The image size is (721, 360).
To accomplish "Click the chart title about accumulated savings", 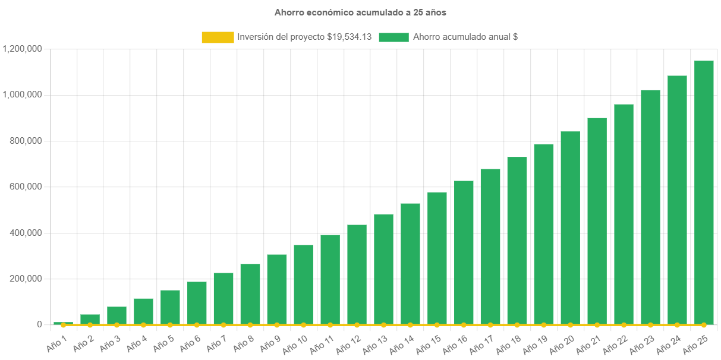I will pos(360,12).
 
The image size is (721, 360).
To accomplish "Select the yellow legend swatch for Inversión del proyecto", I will pos(218,37).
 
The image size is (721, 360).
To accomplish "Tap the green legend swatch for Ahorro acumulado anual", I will pos(393,37).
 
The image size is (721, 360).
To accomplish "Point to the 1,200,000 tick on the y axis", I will pos(22,49).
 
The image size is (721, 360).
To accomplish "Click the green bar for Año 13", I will pos(383,269).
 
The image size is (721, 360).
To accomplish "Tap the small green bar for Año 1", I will pos(63,323).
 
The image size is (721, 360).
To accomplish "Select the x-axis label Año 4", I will pos(137,342).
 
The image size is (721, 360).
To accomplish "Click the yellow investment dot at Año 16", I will pos(464,325).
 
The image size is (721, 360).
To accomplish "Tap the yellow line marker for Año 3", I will pos(117,325).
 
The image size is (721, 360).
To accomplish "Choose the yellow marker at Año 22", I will pos(624,325).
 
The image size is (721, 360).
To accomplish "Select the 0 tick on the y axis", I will pos(39,324).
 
